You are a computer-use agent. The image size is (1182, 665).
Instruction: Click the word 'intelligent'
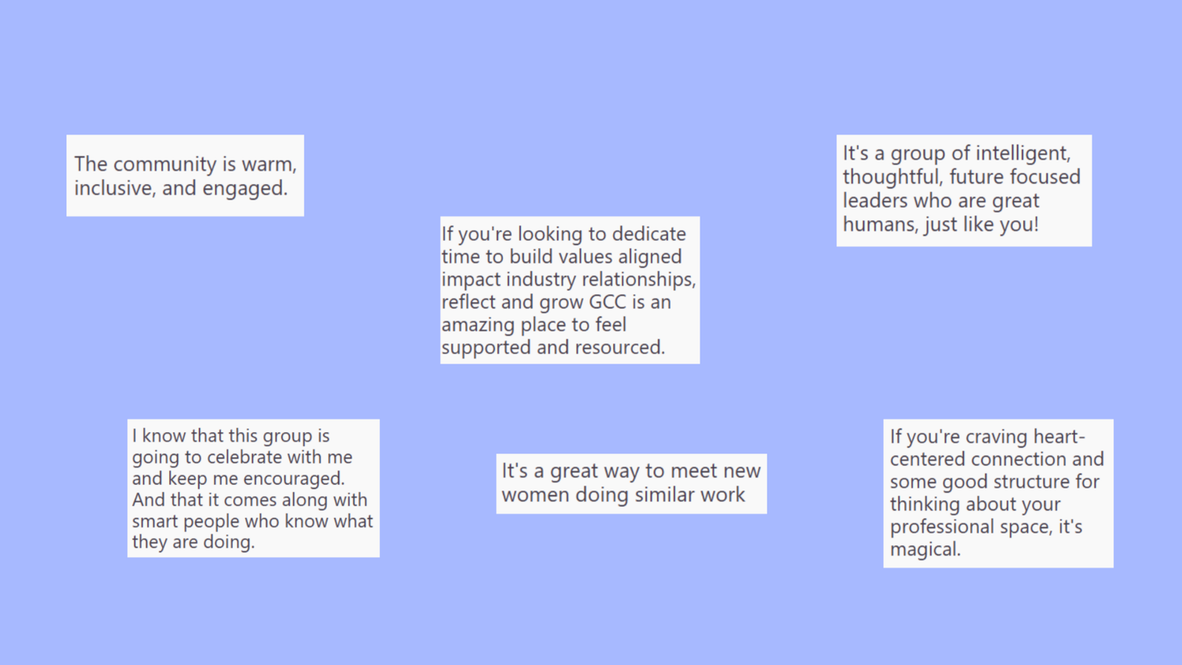point(1022,154)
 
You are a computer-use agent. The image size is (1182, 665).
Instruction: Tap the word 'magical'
point(925,550)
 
